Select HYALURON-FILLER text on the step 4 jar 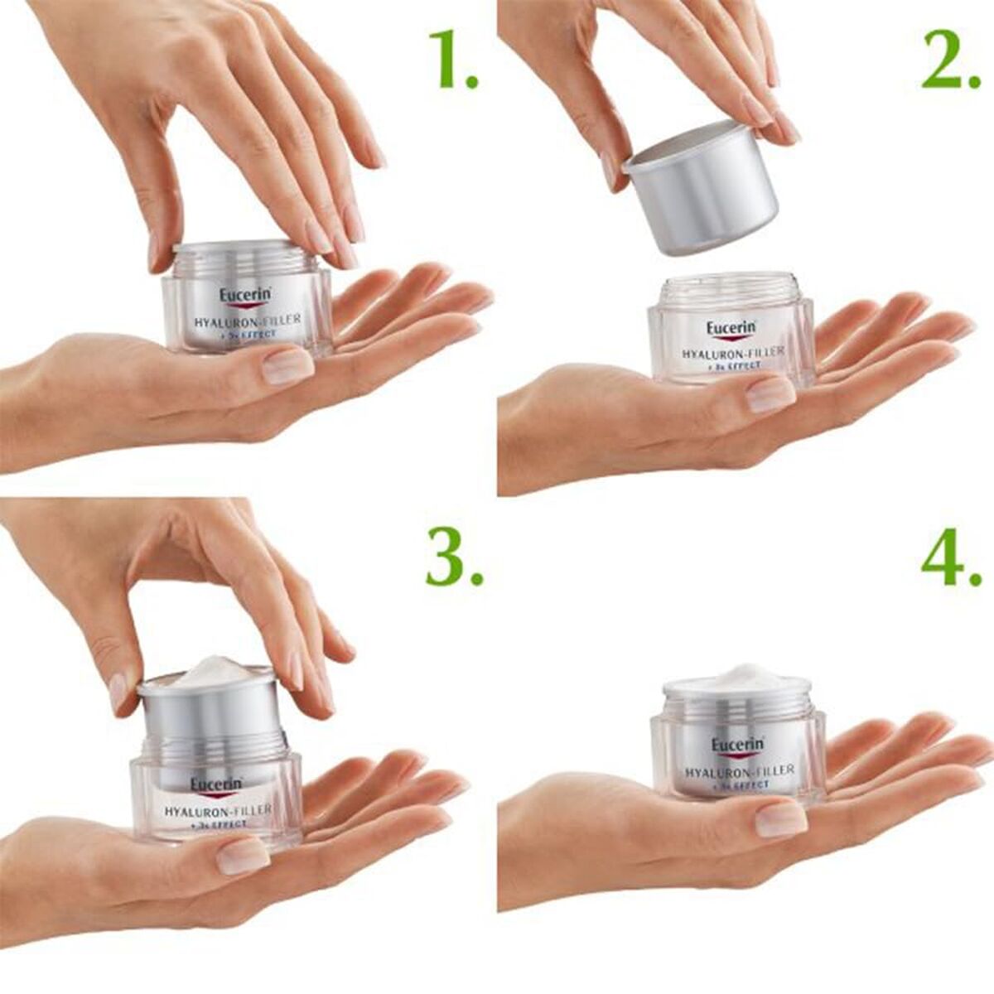point(740,770)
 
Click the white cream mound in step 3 point(211,671)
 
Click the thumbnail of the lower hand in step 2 point(770,394)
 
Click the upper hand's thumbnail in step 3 point(118,690)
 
